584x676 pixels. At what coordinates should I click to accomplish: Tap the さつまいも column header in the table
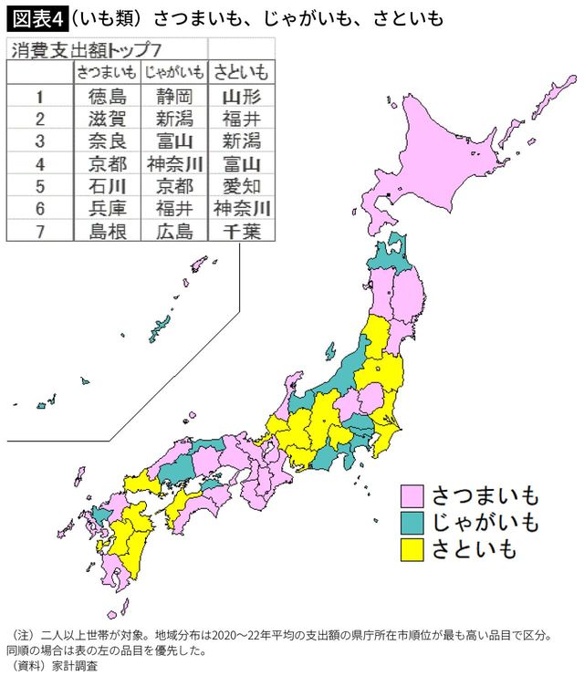click(x=107, y=72)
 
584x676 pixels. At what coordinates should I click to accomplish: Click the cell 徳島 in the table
click(x=107, y=95)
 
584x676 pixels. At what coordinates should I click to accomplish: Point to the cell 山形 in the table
click(x=242, y=95)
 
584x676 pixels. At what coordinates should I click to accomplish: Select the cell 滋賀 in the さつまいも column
click(x=107, y=118)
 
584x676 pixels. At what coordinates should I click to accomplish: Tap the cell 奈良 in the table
click(x=107, y=140)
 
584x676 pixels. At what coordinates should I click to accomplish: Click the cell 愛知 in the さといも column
click(x=242, y=186)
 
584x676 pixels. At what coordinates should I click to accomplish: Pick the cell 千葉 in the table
click(x=242, y=232)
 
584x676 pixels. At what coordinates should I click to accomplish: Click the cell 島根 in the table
click(x=107, y=232)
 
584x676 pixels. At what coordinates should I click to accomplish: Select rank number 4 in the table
click(x=39, y=163)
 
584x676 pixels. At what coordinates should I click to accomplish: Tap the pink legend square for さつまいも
click(x=412, y=496)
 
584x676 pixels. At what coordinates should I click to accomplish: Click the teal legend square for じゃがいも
click(x=412, y=523)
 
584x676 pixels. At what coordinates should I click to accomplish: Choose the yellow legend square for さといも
click(x=412, y=549)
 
